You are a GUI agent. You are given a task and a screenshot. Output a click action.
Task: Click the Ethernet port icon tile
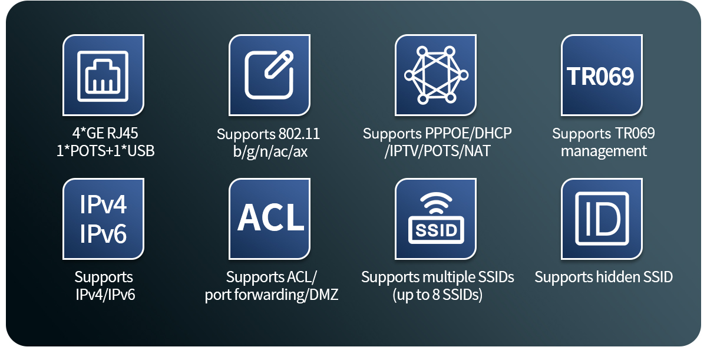103,75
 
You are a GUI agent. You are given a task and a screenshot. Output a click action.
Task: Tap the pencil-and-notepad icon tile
270,75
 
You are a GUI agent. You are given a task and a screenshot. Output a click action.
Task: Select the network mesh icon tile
435,75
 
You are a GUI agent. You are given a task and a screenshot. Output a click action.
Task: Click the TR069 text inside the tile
600,77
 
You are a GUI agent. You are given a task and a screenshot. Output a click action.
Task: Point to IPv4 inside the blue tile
103,204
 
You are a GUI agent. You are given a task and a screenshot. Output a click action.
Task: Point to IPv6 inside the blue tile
103,234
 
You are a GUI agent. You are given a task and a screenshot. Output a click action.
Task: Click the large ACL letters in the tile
270,217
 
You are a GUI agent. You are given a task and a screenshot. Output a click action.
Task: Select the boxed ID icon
602,219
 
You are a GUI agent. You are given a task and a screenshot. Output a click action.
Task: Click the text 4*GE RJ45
105,133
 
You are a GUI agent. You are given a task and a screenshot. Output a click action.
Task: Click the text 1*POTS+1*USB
105,151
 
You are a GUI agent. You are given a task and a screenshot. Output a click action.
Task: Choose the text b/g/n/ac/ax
270,151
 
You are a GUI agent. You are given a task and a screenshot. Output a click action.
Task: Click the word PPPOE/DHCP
468,133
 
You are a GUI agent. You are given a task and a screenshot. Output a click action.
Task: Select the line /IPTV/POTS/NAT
437,151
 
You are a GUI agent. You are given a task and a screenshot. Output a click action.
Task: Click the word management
604,151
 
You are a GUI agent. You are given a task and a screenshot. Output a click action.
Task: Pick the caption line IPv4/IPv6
105,295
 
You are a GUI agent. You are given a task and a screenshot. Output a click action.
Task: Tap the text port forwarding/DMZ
272,295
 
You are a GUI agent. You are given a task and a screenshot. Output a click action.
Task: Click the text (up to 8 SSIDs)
437,295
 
